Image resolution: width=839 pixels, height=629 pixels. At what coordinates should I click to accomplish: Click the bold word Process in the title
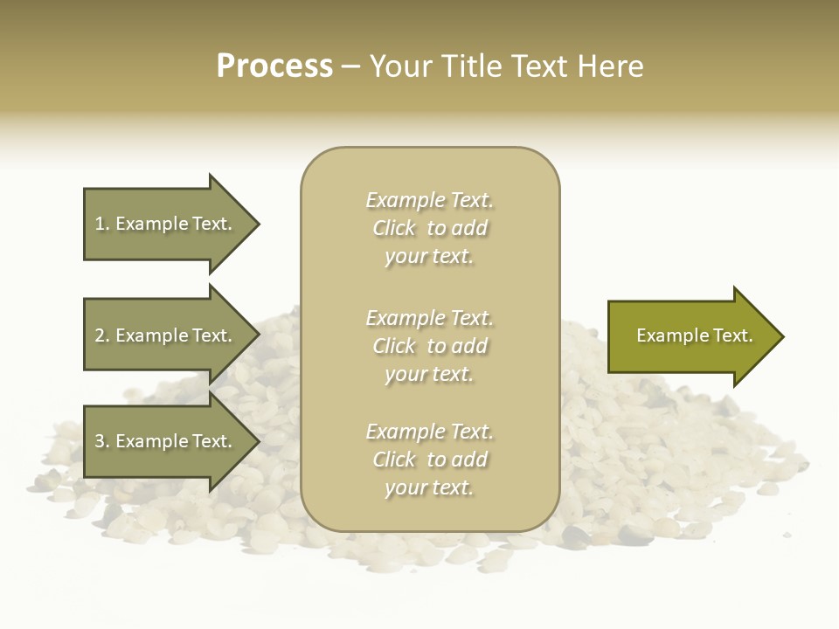[274, 66]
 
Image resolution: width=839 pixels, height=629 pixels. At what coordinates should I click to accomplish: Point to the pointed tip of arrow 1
[258, 224]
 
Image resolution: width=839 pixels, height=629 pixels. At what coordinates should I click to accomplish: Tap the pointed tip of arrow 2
[258, 335]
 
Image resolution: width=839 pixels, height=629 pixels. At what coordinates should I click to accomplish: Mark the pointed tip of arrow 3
[258, 441]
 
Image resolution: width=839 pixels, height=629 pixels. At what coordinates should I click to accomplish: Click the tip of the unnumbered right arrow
[782, 336]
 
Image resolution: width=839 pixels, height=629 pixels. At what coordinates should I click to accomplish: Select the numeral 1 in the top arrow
[100, 224]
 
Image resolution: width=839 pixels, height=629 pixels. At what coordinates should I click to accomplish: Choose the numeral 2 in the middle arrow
[100, 335]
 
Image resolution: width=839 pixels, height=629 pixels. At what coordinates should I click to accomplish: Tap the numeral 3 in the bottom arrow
[100, 441]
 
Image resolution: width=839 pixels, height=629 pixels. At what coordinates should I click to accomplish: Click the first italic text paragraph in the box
[429, 228]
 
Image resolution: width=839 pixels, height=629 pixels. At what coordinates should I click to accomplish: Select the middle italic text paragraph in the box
[429, 346]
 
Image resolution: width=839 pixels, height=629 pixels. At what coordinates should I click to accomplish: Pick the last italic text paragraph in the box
[429, 460]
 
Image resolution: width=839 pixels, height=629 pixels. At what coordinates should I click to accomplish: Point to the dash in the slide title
[350, 67]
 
